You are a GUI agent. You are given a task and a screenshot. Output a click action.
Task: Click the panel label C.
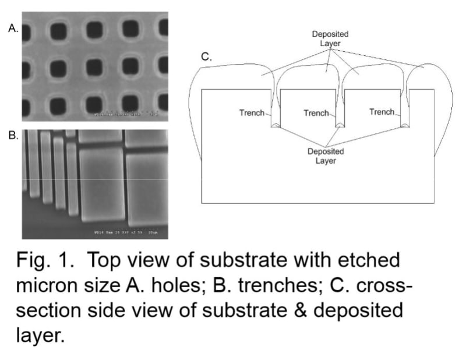tap(206, 57)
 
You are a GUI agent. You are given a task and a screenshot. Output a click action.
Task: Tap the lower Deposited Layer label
tap(326, 156)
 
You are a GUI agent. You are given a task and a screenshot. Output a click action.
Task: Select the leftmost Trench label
tap(252, 112)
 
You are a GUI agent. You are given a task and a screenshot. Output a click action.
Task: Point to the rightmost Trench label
tap(382, 112)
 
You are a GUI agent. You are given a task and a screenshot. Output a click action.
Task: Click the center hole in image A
tap(95, 69)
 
